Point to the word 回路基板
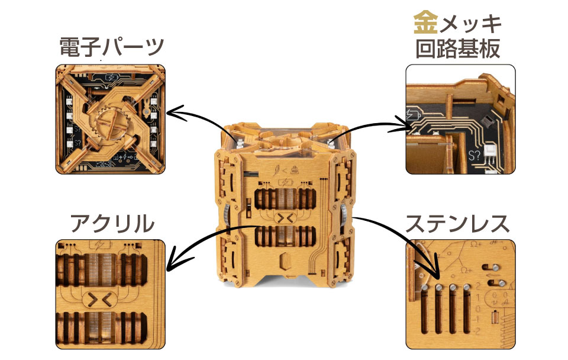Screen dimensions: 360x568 [x=459, y=49]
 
